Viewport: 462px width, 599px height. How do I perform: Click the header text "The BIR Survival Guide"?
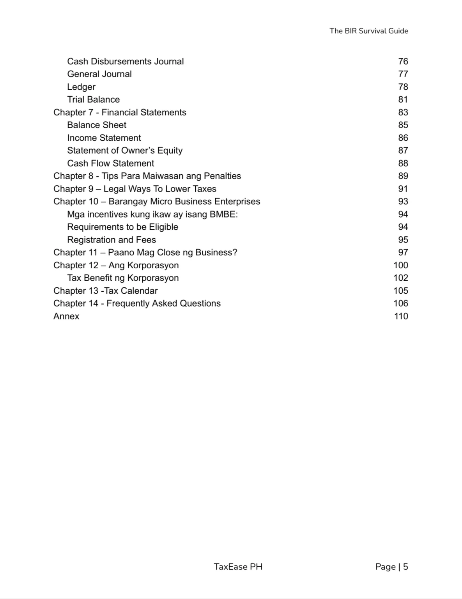(368, 31)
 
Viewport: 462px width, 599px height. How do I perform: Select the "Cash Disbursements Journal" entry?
(125, 62)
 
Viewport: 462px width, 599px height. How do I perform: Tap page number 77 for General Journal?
(403, 74)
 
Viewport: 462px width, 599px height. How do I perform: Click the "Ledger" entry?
(81, 87)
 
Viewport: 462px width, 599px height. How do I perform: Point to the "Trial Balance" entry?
(93, 99)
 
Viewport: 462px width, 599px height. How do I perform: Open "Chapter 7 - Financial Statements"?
(120, 112)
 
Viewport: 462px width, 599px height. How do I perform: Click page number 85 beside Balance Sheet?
(403, 125)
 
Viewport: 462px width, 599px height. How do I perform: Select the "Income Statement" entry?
(104, 138)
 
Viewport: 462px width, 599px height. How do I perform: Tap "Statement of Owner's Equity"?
(124, 151)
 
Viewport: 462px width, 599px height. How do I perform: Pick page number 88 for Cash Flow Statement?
(403, 163)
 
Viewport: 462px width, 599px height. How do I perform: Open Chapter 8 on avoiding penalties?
(147, 176)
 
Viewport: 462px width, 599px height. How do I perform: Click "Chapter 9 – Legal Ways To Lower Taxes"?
(135, 189)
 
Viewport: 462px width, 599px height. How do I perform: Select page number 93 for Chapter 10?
(403, 202)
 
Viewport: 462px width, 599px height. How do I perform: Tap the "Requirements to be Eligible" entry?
(122, 227)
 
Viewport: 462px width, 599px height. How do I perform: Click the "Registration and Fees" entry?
(111, 240)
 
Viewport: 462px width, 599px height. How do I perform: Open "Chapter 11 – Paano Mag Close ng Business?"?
(145, 252)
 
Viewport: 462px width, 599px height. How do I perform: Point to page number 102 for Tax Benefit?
(400, 278)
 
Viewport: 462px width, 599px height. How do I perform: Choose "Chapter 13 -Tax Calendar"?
(105, 291)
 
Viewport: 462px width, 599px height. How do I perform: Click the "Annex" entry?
(66, 316)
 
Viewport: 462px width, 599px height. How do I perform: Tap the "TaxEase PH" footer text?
(238, 567)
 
